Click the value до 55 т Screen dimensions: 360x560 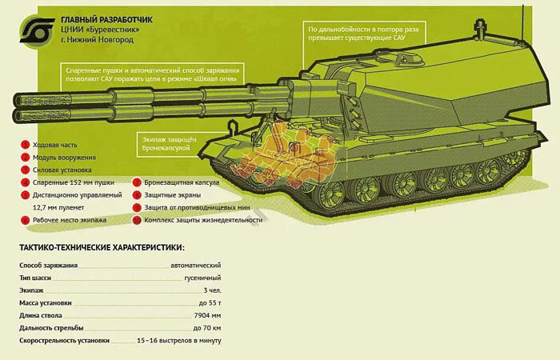(x=209, y=303)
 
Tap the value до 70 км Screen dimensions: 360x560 (x=207, y=329)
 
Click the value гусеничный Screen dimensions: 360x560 (x=198, y=278)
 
